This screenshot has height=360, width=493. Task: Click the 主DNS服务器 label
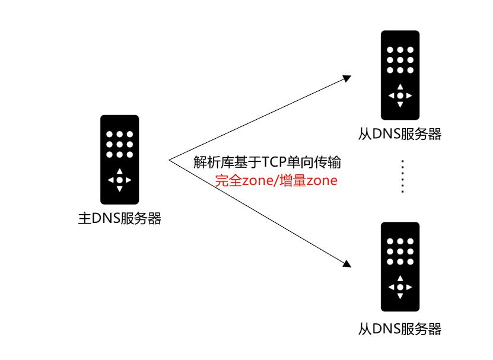tap(120, 219)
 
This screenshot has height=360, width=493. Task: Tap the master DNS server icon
tap(119, 159)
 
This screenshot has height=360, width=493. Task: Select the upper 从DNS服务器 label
tap(400, 134)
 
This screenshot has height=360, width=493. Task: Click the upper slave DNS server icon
tap(400, 75)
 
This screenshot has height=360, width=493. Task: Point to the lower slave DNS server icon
tap(400, 266)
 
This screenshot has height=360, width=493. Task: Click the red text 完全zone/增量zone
tap(276, 181)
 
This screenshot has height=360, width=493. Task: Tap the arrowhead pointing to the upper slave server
tap(346, 78)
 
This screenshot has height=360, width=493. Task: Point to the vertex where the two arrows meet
tap(170, 160)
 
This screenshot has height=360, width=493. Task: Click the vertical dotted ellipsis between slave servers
tap(402, 176)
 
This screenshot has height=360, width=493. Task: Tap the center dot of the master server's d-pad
tap(119, 180)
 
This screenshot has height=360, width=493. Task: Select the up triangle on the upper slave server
tap(400, 87)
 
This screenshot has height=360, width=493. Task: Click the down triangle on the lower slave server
tap(400, 296)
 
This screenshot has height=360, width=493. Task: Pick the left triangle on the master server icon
tap(110, 180)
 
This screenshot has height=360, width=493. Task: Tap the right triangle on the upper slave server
tap(409, 95)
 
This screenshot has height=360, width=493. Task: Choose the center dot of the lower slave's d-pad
tap(400, 287)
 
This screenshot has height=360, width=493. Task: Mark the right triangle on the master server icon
tap(129, 180)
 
